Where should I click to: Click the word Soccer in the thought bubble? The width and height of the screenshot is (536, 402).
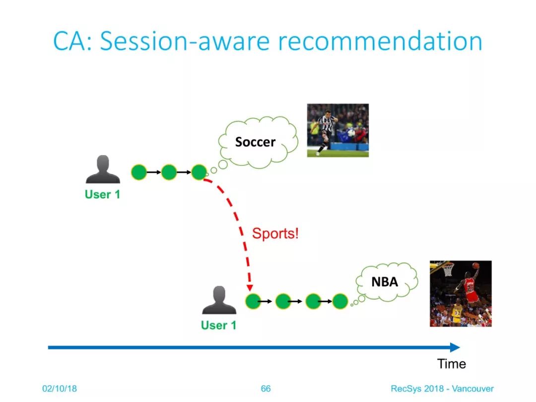256,142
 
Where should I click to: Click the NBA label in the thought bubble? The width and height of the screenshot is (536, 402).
385,282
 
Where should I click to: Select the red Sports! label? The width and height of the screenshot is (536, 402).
275,233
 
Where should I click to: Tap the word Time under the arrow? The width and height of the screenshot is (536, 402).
451,364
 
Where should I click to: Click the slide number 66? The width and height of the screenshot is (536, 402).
266,389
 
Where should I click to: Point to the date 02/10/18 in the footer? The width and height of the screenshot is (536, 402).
60,389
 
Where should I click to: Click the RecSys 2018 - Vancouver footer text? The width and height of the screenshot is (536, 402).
442,389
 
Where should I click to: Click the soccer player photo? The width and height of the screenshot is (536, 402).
338,130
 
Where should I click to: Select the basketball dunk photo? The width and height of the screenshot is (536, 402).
461,294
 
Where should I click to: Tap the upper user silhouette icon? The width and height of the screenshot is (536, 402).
103,169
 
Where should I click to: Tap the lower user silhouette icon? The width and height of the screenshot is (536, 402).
219,300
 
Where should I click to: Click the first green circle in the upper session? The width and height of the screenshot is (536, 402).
139,172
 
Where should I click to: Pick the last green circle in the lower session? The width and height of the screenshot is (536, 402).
340,301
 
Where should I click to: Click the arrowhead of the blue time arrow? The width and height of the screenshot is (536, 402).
455,347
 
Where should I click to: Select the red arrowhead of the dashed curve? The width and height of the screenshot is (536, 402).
250,287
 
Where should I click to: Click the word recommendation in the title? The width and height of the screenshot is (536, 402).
380,41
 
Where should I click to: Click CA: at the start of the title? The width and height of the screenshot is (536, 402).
72,41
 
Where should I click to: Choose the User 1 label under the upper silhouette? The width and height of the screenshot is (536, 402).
103,195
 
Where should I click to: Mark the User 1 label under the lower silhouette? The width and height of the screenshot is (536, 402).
219,325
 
